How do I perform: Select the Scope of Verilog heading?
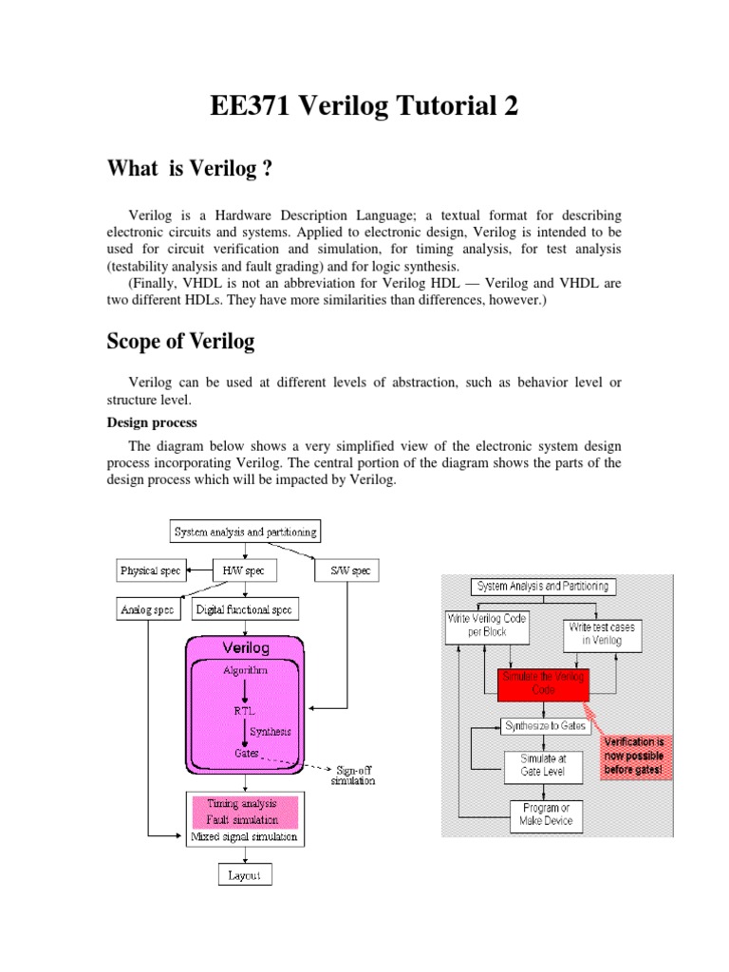point(180,342)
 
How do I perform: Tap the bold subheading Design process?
point(151,421)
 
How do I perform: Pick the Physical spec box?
point(150,571)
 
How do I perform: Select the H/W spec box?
point(234,571)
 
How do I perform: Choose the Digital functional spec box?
point(245,608)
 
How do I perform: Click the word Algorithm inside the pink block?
point(245,670)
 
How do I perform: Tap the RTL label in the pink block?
point(244,710)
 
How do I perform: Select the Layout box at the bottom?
point(245,874)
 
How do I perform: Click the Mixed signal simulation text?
point(244,837)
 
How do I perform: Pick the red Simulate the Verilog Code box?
point(543,681)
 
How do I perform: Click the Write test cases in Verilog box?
point(603,633)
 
